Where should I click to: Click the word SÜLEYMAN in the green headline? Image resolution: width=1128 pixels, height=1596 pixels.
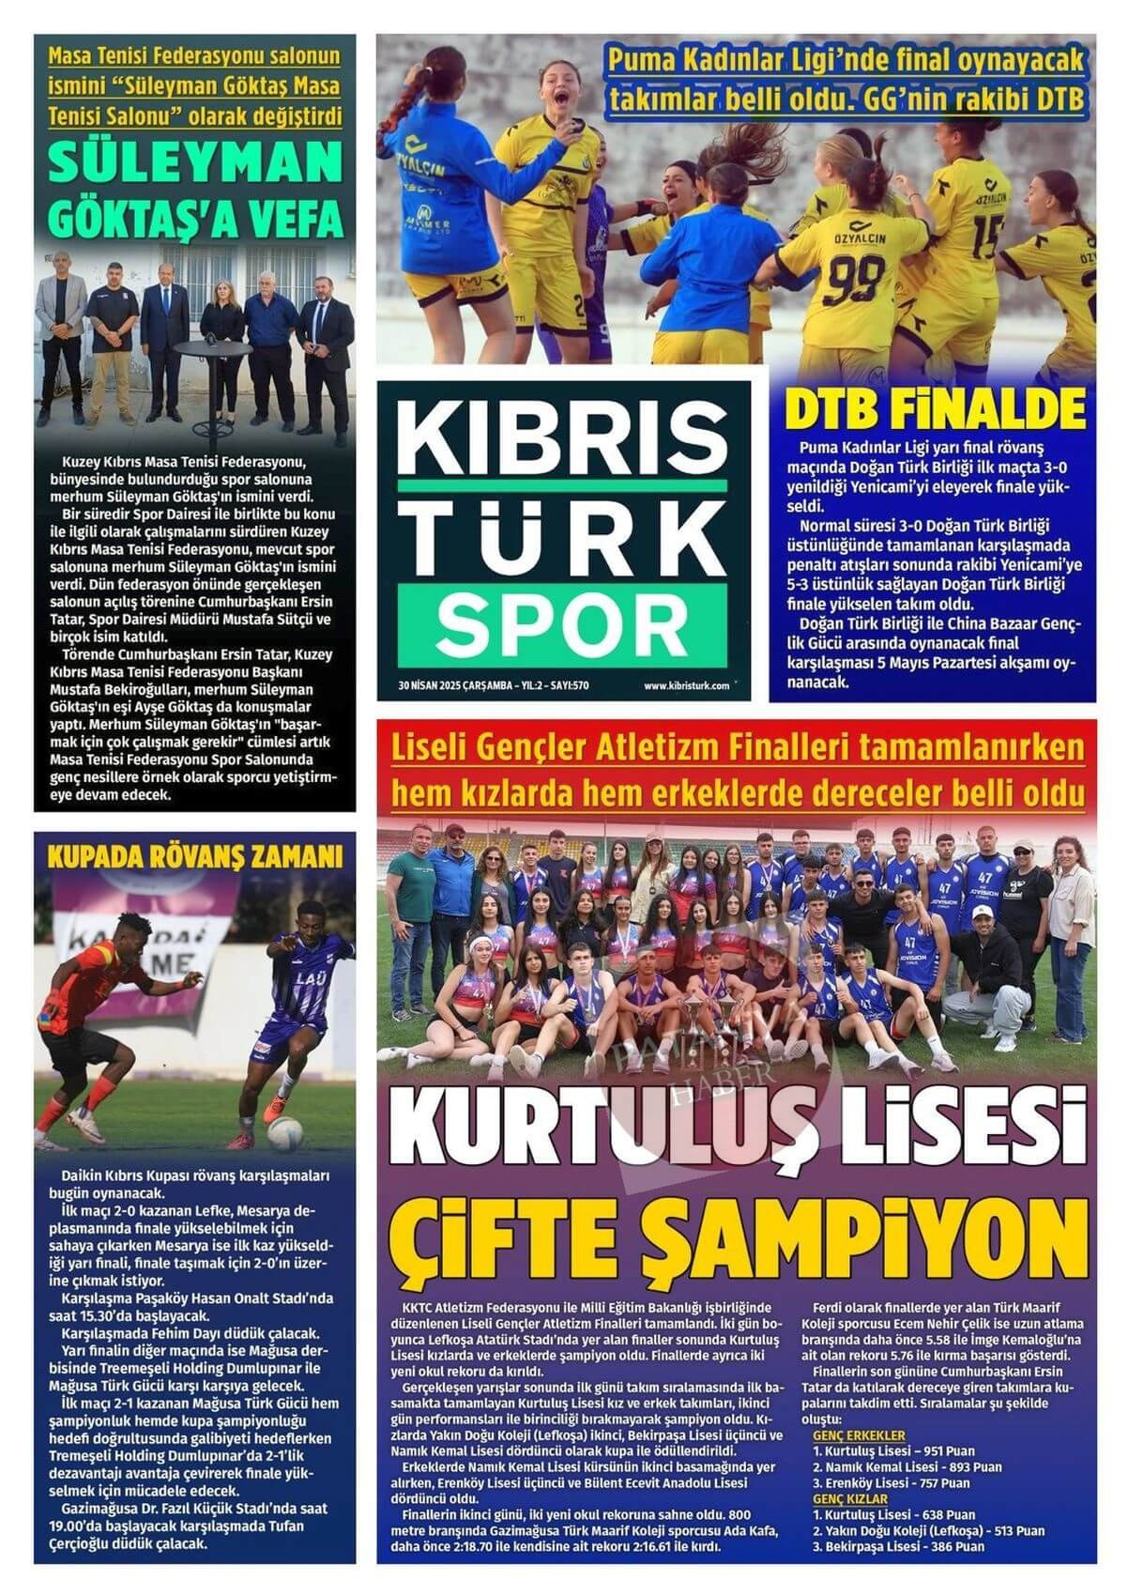[194, 167]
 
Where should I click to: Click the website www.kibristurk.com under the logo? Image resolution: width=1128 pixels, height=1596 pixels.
[686, 685]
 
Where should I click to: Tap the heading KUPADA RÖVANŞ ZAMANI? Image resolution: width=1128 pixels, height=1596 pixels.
[194, 857]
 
